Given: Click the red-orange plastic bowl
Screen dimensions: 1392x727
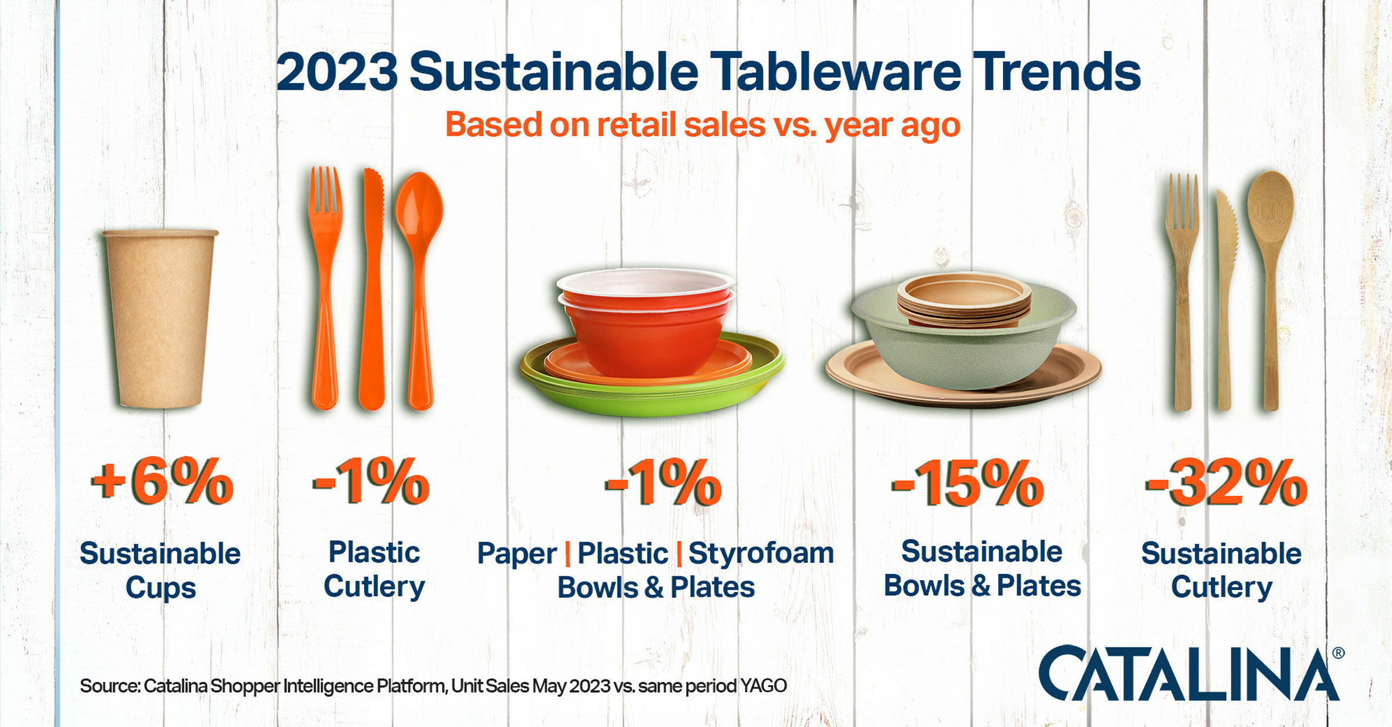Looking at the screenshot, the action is coord(646,322).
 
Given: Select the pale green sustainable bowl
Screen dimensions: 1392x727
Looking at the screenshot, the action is coord(963,342).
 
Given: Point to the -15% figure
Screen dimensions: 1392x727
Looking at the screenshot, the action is coord(967,482).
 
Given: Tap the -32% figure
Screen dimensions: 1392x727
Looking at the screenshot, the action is coord(1226,482).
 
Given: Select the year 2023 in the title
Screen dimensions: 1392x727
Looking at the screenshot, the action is coord(337,72).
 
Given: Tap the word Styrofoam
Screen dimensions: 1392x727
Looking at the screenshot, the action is coord(761,553).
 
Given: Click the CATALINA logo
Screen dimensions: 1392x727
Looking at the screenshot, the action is coord(1189,674).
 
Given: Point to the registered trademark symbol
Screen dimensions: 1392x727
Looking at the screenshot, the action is coord(1338,653).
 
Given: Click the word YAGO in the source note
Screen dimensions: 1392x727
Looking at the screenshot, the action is coord(763,686).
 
